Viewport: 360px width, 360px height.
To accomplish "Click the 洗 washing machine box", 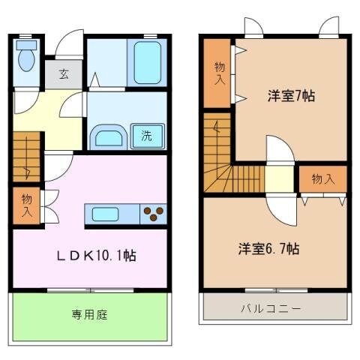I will (148, 136).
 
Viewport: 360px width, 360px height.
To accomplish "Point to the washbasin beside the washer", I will (109, 137).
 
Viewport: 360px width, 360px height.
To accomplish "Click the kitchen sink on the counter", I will (106, 214).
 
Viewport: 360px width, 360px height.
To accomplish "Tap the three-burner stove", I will (154, 214).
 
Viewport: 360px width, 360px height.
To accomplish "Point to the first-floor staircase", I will (27, 157).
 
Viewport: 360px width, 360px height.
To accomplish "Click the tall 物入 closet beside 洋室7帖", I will (218, 73).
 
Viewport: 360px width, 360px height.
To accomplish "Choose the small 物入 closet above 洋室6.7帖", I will (322, 179).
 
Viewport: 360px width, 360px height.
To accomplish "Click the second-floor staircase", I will (225, 165).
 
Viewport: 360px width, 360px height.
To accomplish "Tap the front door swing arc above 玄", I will (70, 44).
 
